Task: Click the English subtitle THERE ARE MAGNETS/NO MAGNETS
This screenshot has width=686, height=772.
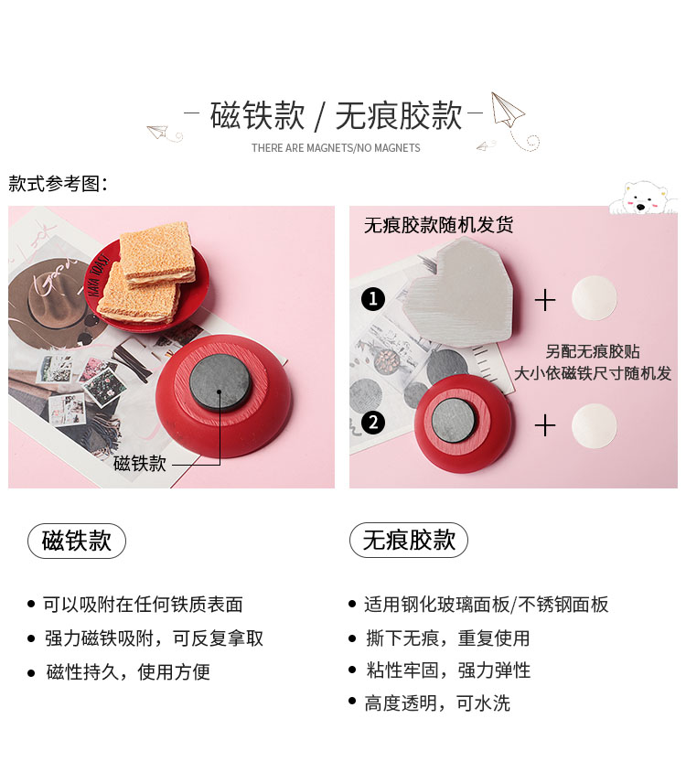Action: point(336,147)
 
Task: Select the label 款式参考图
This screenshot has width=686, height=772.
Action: point(57,184)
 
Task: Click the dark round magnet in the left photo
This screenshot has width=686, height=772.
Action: point(220,383)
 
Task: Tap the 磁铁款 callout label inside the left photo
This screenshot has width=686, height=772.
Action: point(140,464)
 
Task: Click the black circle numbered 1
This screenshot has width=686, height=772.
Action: point(373,299)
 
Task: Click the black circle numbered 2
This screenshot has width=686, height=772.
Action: point(373,423)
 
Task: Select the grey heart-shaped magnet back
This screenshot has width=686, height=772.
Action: point(459,293)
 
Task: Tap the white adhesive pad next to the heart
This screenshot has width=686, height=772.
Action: point(594,298)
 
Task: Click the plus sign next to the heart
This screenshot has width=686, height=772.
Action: point(545,300)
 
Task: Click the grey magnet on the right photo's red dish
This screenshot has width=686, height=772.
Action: point(454,421)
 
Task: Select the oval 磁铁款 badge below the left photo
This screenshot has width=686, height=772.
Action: point(77,541)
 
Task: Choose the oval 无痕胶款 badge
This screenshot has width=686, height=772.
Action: point(409,540)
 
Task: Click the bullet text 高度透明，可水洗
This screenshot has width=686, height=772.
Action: point(437,703)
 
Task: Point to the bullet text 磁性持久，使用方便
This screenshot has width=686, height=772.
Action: point(128,671)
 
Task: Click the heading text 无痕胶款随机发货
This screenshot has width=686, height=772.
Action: point(438,225)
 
